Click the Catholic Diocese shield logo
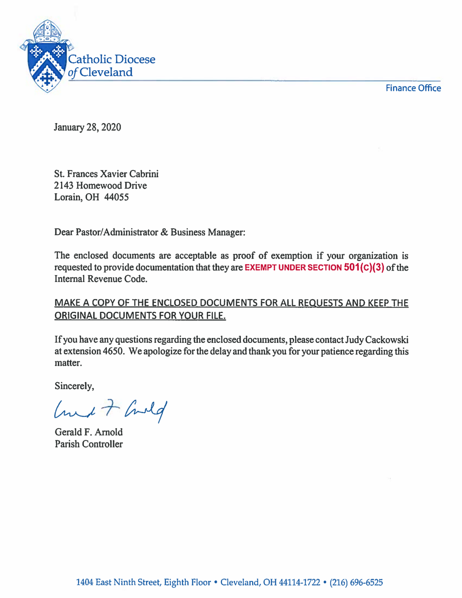46,58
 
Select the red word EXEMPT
261,268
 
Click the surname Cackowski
387,340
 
